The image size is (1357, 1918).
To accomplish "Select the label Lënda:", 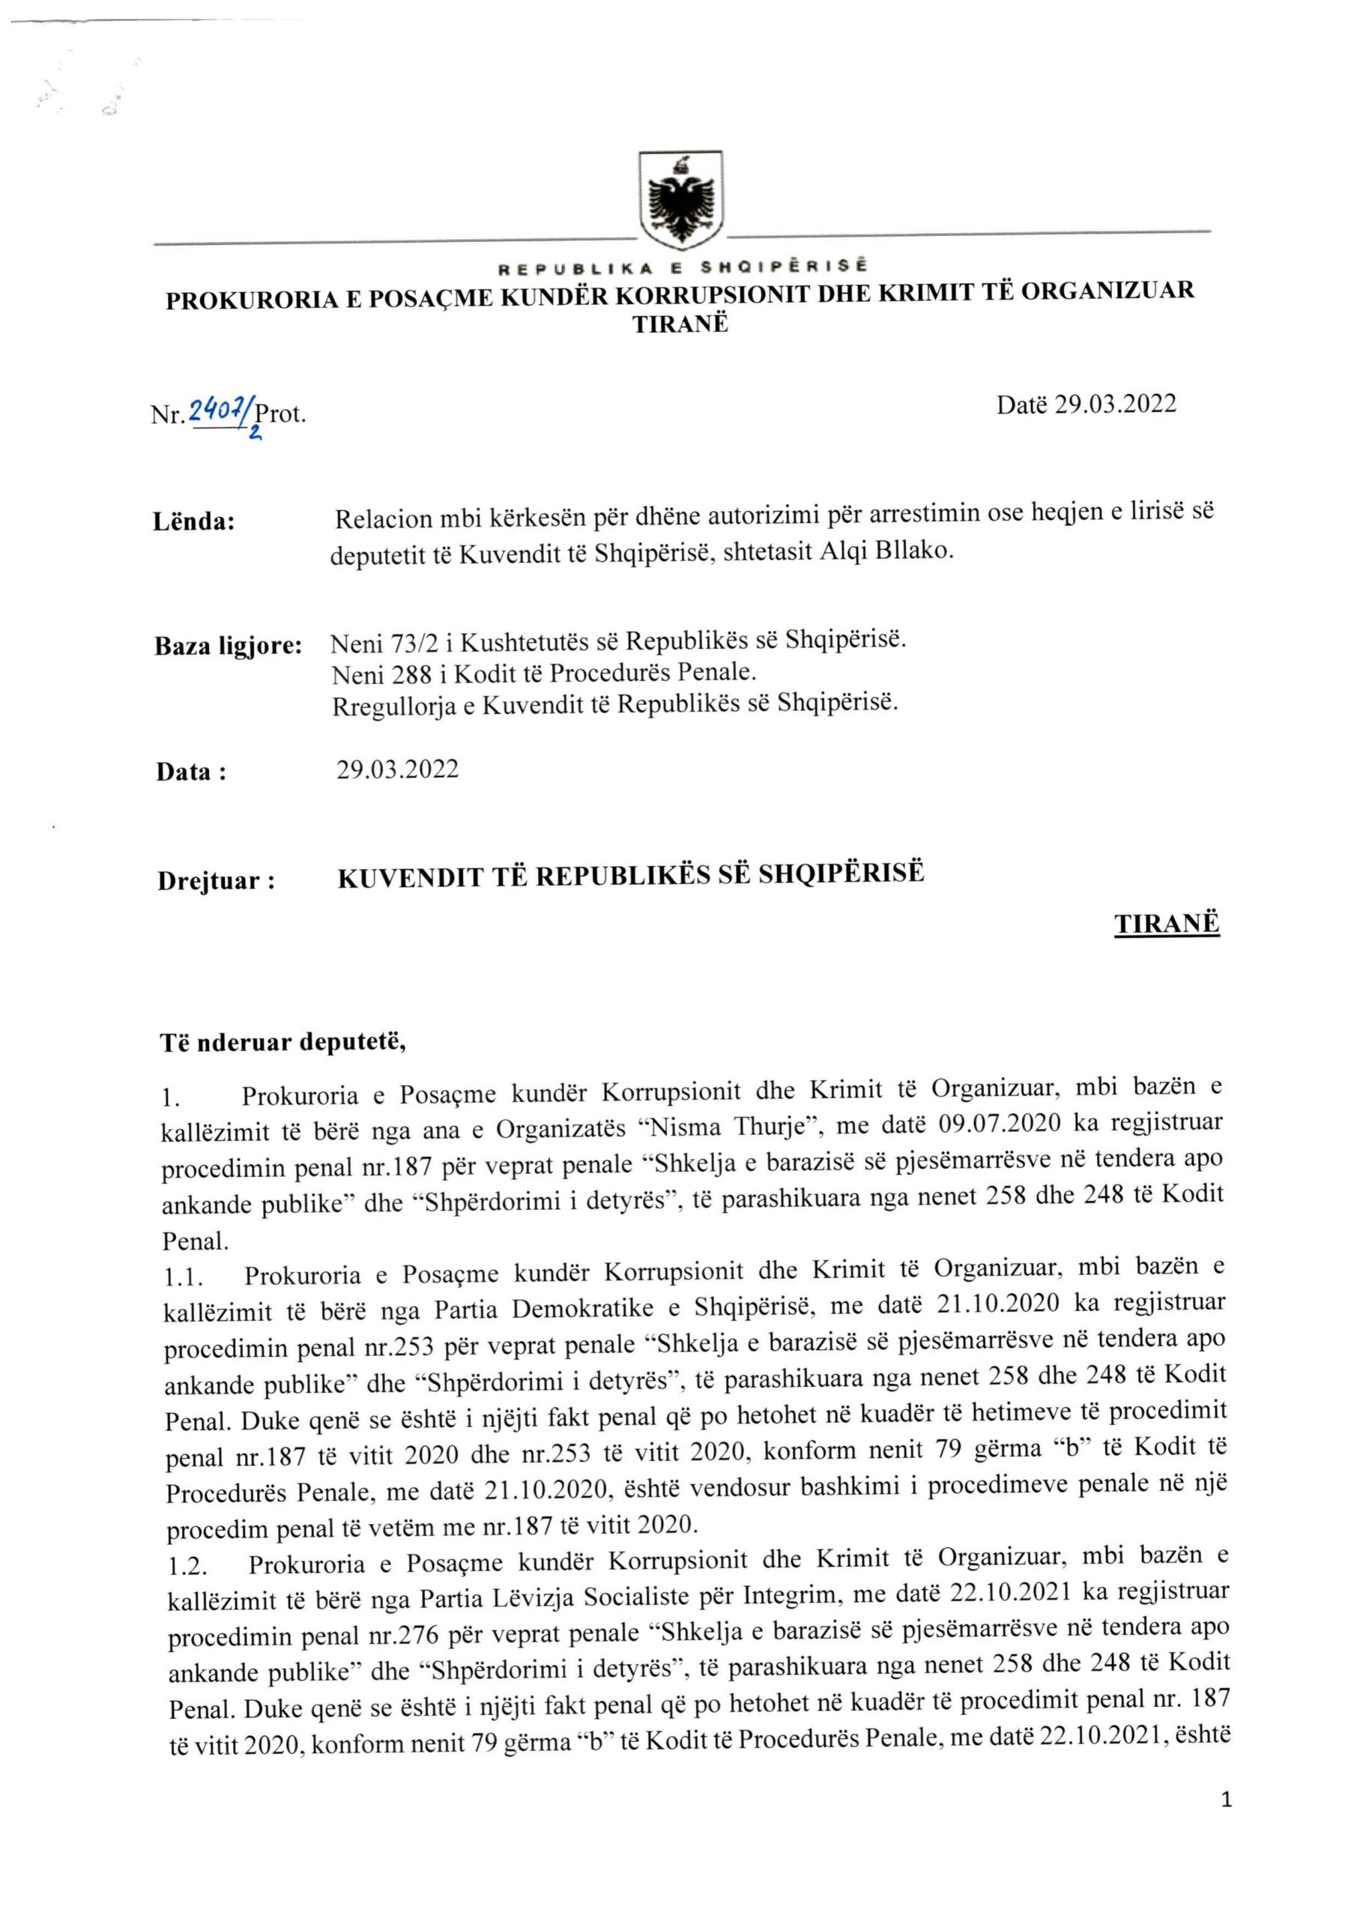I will pyautogui.click(x=194, y=522).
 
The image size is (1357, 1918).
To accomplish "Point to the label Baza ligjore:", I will pyautogui.click(x=228, y=646).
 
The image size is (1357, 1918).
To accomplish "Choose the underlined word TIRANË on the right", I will pyautogui.click(x=1167, y=924).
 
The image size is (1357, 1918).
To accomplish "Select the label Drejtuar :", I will pyautogui.click(x=217, y=881).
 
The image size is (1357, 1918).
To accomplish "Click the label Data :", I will pyautogui.click(x=191, y=771).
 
